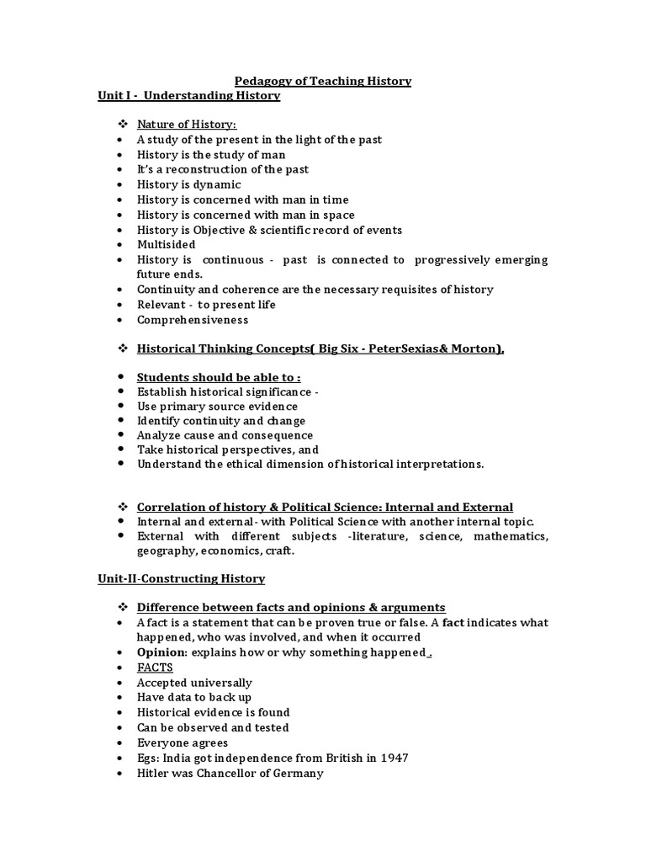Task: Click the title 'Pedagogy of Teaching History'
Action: pos(323,81)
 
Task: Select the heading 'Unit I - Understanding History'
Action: pos(189,96)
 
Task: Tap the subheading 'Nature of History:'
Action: pos(181,125)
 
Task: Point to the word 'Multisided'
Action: pos(167,244)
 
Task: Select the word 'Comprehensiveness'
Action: pos(193,320)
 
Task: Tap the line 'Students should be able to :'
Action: pos(218,377)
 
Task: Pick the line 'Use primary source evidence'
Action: pos(217,406)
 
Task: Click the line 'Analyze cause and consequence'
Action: pos(225,435)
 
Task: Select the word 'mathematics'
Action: pos(512,536)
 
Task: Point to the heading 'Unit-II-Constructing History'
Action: pos(181,578)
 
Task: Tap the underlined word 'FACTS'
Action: pos(155,668)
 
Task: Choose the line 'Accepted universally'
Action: pos(194,683)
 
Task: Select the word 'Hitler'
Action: pos(153,773)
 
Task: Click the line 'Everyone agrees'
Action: pos(183,742)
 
